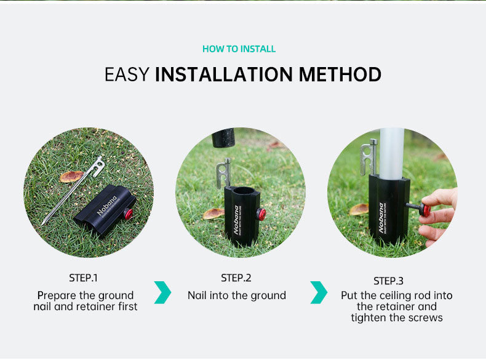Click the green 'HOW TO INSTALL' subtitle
tap(239, 49)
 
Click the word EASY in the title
tap(127, 74)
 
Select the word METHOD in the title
tap(340, 74)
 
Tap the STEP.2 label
tap(236, 278)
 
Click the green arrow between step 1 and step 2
tap(162, 292)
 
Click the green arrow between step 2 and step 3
tap(318, 292)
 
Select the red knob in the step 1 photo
tap(128, 214)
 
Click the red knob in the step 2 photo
tap(261, 214)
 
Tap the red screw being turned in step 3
tap(426, 210)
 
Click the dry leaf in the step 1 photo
tap(71, 177)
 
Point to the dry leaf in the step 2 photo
tap(213, 213)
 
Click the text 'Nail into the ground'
tap(236, 295)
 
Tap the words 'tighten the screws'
tap(397, 318)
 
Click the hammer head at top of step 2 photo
tap(228, 138)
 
